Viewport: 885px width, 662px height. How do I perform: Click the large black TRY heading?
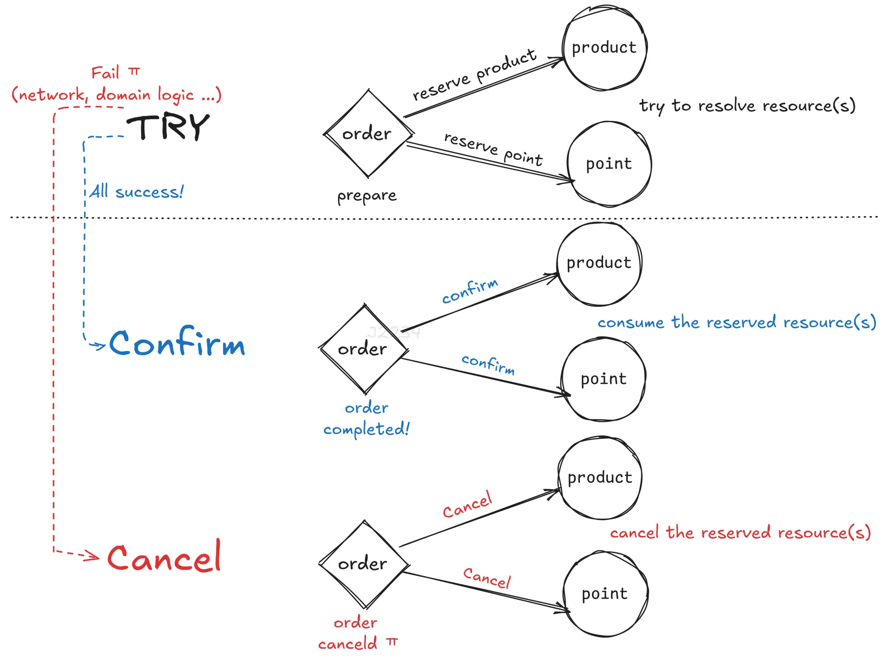[168, 127]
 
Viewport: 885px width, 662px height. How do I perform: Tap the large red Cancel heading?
[164, 557]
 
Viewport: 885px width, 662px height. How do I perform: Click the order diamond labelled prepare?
[368, 134]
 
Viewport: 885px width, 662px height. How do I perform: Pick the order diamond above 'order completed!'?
[363, 349]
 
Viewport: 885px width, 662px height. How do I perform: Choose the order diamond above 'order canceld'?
[363, 564]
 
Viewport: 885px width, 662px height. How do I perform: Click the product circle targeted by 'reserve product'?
[604, 48]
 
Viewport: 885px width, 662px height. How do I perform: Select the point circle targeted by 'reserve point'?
[609, 164]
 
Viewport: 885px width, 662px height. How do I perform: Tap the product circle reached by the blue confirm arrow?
[599, 263]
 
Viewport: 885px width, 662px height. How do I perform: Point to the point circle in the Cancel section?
[604, 594]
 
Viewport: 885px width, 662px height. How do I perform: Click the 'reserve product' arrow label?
[474, 74]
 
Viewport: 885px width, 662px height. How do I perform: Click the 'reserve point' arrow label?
[493, 149]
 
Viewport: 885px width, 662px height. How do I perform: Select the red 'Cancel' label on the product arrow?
[467, 505]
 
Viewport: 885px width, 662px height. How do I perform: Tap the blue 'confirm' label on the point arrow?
[488, 364]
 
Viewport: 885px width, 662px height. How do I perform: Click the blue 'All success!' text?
[136, 192]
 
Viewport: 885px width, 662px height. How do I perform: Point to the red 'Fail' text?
[105, 73]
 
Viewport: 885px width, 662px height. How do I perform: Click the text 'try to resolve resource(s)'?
[747, 106]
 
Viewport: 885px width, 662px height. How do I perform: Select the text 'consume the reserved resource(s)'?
[736, 322]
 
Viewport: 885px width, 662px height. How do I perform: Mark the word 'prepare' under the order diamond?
[367, 195]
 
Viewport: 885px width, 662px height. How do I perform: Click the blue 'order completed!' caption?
[366, 418]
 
